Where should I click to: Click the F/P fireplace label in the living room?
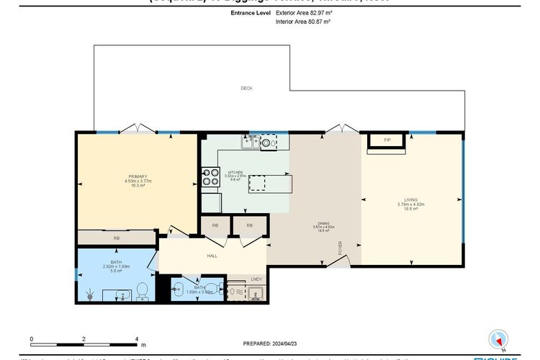[387, 140]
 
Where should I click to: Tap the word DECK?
[246, 88]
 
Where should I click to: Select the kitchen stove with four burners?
[210, 176]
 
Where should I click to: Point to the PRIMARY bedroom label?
[138, 176]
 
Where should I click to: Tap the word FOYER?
[341, 248]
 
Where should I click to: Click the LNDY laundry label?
[256, 279]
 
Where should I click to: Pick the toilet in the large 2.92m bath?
[142, 290]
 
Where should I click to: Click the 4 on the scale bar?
[137, 338]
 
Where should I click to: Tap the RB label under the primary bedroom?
[115, 238]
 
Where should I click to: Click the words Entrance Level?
[251, 13]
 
